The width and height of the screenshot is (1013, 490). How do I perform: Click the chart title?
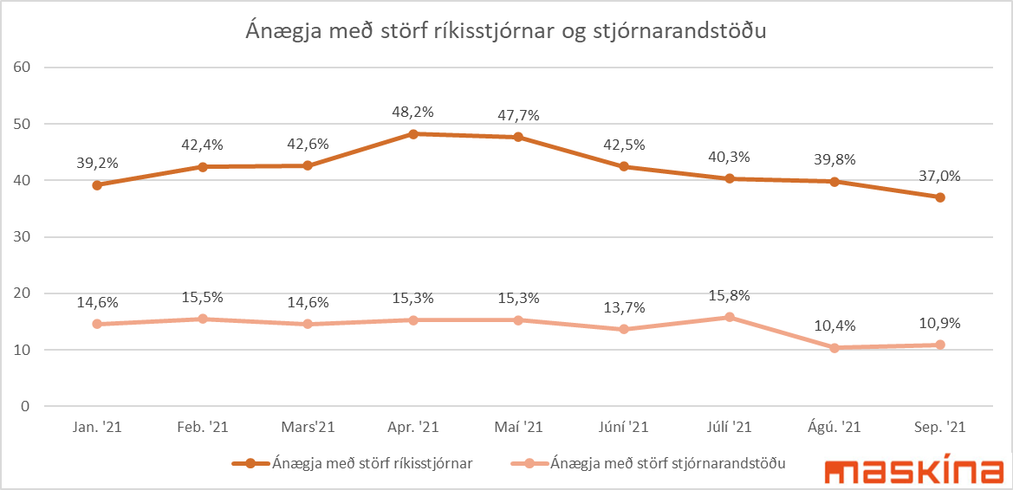tap(506, 32)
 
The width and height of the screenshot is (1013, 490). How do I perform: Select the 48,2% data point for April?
tap(413, 134)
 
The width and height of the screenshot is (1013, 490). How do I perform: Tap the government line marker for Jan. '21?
tap(97, 184)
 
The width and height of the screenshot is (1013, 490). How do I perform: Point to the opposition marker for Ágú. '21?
tap(834, 348)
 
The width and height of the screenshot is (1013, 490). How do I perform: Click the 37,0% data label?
tap(940, 176)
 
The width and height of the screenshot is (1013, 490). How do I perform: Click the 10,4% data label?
tap(834, 326)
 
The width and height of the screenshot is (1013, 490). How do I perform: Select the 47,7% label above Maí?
tap(518, 114)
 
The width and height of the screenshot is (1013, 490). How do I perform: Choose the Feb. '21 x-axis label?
tap(203, 427)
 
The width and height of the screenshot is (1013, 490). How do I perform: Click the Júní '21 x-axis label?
tap(624, 427)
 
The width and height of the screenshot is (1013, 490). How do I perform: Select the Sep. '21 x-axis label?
tap(940, 427)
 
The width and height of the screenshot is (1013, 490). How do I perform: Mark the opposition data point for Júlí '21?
tap(730, 317)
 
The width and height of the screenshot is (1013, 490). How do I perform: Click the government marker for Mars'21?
tap(308, 165)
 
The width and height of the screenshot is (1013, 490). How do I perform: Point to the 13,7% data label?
tap(624, 307)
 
